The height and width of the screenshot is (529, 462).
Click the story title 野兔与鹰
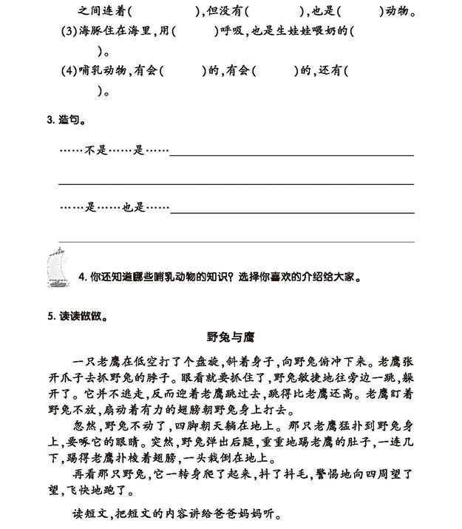232,335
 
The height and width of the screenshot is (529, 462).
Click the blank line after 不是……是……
292,155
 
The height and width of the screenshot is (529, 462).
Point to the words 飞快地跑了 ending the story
100,491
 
